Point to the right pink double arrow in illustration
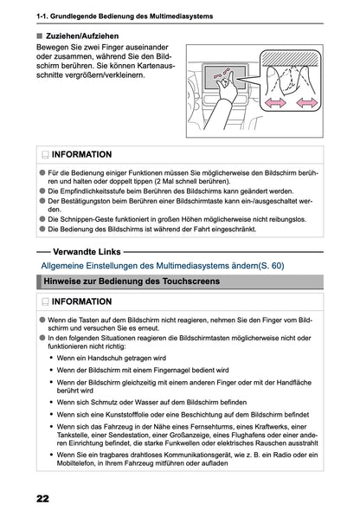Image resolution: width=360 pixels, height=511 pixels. tap(310, 103)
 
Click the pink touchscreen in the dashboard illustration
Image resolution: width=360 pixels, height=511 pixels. tap(222, 76)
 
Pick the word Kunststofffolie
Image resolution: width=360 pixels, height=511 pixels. tap(141, 415)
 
